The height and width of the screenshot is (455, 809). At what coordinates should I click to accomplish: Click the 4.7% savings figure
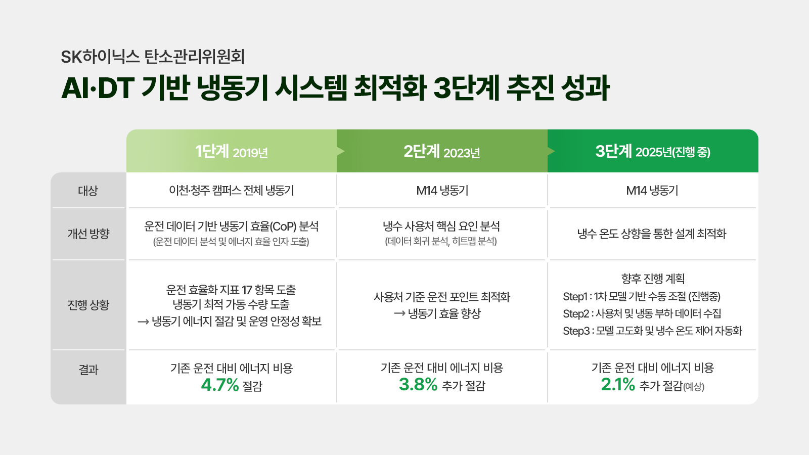tap(220, 385)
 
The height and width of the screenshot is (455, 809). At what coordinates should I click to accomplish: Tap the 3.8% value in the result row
tap(418, 384)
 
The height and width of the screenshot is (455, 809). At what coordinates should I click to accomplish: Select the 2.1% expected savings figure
tap(618, 384)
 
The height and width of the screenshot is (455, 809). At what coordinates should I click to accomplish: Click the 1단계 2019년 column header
tap(232, 152)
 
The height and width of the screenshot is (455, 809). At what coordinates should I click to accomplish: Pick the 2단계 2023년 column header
tap(442, 152)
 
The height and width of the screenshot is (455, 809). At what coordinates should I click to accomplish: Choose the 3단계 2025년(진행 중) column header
tap(653, 152)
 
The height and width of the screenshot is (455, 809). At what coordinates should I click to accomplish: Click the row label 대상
tap(88, 191)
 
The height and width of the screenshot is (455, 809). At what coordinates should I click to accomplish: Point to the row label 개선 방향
tap(88, 234)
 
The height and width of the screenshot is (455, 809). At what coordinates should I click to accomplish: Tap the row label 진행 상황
tap(88, 305)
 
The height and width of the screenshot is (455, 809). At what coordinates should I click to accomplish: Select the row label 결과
tap(88, 370)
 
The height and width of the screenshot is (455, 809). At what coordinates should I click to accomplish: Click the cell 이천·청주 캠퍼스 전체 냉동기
tap(232, 190)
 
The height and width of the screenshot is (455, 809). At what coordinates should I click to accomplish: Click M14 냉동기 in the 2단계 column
tap(442, 190)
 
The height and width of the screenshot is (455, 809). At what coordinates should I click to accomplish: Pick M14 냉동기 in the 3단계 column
tap(652, 190)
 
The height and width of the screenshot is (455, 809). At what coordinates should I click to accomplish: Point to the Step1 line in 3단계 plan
tap(642, 296)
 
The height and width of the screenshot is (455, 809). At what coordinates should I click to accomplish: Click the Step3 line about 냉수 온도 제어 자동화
tap(652, 331)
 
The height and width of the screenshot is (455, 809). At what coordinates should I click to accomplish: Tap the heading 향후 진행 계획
tap(653, 279)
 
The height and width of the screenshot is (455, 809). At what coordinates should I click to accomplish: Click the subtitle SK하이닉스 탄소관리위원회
tap(153, 57)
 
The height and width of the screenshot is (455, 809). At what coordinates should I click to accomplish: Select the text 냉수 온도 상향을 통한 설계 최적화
tap(652, 234)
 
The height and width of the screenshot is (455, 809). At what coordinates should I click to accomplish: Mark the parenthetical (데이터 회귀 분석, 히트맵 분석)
tap(441, 241)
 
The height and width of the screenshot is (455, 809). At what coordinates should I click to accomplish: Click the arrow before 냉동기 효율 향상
tap(399, 313)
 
